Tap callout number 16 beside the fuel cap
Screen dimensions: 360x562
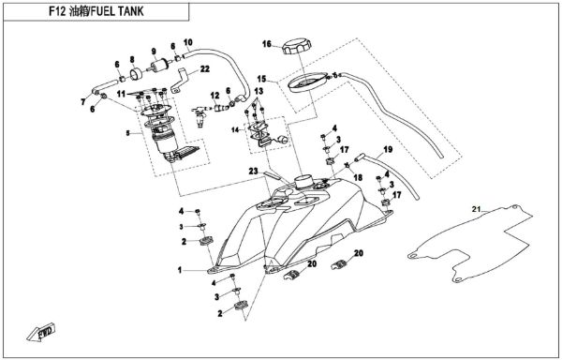click(x=266, y=44)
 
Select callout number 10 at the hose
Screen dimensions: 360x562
click(x=188, y=41)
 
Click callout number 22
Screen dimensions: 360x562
click(x=205, y=68)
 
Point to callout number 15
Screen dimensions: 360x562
click(x=264, y=79)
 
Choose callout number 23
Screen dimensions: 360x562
click(x=253, y=171)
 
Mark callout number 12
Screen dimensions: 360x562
click(x=214, y=95)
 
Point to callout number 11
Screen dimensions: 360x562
click(x=121, y=96)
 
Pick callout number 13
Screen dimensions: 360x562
click(x=259, y=90)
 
